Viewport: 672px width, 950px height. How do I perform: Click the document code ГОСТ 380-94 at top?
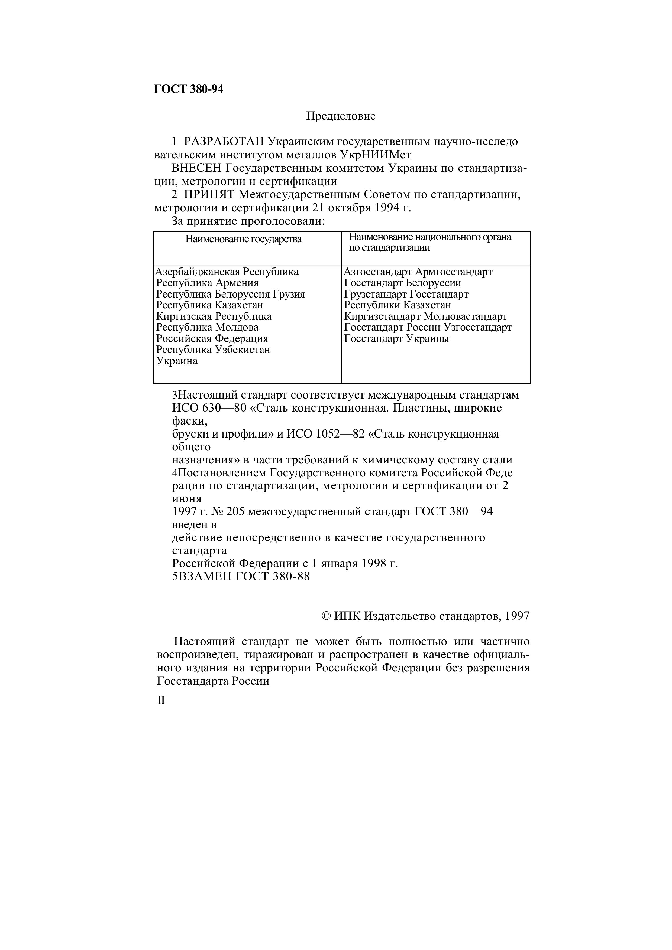click(188, 89)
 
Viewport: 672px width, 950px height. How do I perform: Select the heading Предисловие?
click(341, 116)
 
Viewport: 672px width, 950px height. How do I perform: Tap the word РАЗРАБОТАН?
click(224, 142)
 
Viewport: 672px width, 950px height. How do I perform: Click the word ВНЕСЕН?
click(197, 168)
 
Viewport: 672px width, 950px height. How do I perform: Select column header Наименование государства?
click(243, 239)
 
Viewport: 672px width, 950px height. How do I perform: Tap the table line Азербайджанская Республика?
click(227, 272)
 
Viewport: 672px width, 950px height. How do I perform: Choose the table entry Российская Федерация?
click(212, 338)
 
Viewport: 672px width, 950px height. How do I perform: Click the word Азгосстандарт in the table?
click(378, 272)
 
